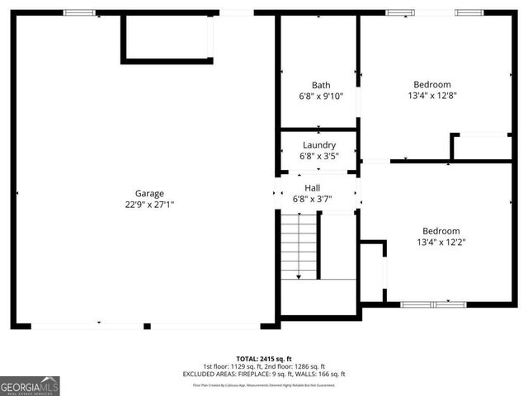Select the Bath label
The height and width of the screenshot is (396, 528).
(321, 85)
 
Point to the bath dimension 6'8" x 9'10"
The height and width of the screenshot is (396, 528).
(321, 97)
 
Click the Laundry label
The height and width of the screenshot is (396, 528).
(318, 145)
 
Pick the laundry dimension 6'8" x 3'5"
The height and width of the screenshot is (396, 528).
(318, 156)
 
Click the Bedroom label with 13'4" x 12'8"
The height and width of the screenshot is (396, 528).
(431, 84)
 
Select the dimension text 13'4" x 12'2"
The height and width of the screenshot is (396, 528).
(441, 243)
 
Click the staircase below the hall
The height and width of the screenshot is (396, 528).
(299, 245)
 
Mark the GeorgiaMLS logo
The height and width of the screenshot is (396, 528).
(30, 386)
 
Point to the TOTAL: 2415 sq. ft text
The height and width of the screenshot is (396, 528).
(264, 359)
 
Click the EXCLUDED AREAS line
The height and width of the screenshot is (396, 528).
(264, 374)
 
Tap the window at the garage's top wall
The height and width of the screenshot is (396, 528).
(79, 12)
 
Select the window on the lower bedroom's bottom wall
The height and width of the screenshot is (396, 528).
(432, 304)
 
